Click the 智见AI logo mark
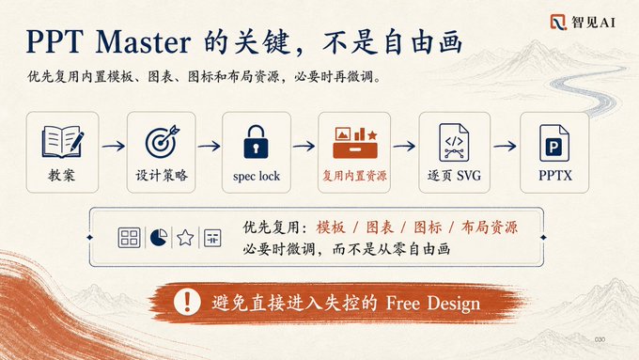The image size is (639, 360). tap(558, 22)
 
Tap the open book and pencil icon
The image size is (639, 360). tap(63, 142)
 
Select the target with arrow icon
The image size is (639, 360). tap(163, 141)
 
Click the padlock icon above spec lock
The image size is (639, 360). tap(256, 142)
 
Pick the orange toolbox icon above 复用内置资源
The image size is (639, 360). tap(355, 142)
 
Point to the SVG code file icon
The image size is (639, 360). tap(454, 142)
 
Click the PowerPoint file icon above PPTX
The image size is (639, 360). tap(554, 143)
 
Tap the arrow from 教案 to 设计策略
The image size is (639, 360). tap(114, 146)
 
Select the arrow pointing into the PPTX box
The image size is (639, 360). tap(505, 146)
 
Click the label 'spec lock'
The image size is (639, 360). tap(257, 176)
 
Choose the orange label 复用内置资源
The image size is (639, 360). tap(354, 176)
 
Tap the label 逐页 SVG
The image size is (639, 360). tap(454, 176)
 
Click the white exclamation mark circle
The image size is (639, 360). tap(187, 302)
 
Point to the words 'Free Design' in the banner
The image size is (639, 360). tap(433, 304)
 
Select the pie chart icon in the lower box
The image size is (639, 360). tap(159, 237)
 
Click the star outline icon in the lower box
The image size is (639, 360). tap(185, 237)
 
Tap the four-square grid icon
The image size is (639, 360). tap(129, 238)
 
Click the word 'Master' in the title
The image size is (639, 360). tap(143, 42)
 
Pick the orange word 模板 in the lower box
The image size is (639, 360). tap(331, 227)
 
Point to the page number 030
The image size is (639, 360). tap(600, 339)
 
